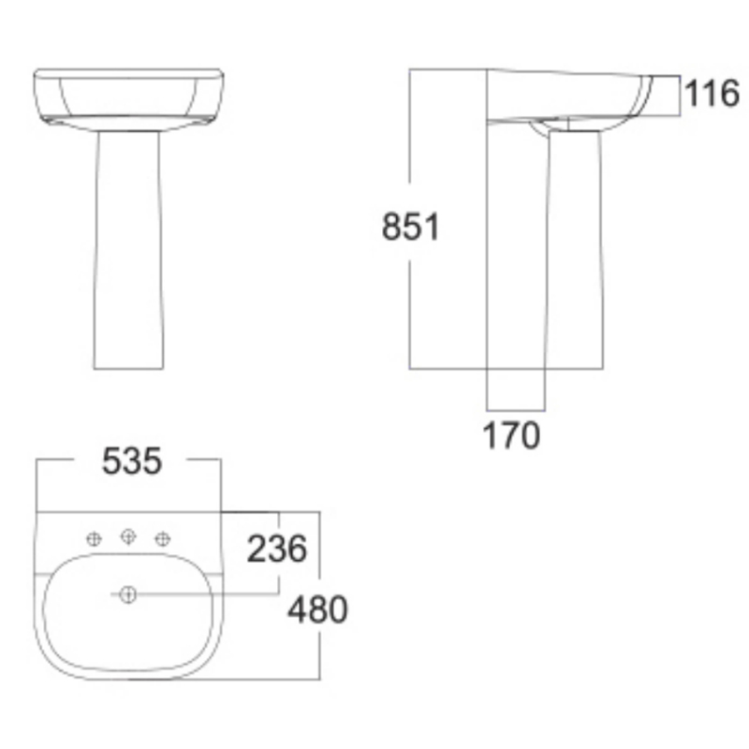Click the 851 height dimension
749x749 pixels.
[x=410, y=228]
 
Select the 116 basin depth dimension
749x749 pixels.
[x=711, y=94]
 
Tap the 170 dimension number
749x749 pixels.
[x=512, y=435]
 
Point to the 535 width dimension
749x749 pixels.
[x=132, y=461]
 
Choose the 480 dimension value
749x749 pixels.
[x=317, y=610]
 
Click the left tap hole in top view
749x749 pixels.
[x=94, y=538]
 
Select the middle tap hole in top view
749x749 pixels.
[x=129, y=536]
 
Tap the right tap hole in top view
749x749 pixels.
[x=164, y=538]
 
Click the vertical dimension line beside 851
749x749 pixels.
[x=410, y=300]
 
